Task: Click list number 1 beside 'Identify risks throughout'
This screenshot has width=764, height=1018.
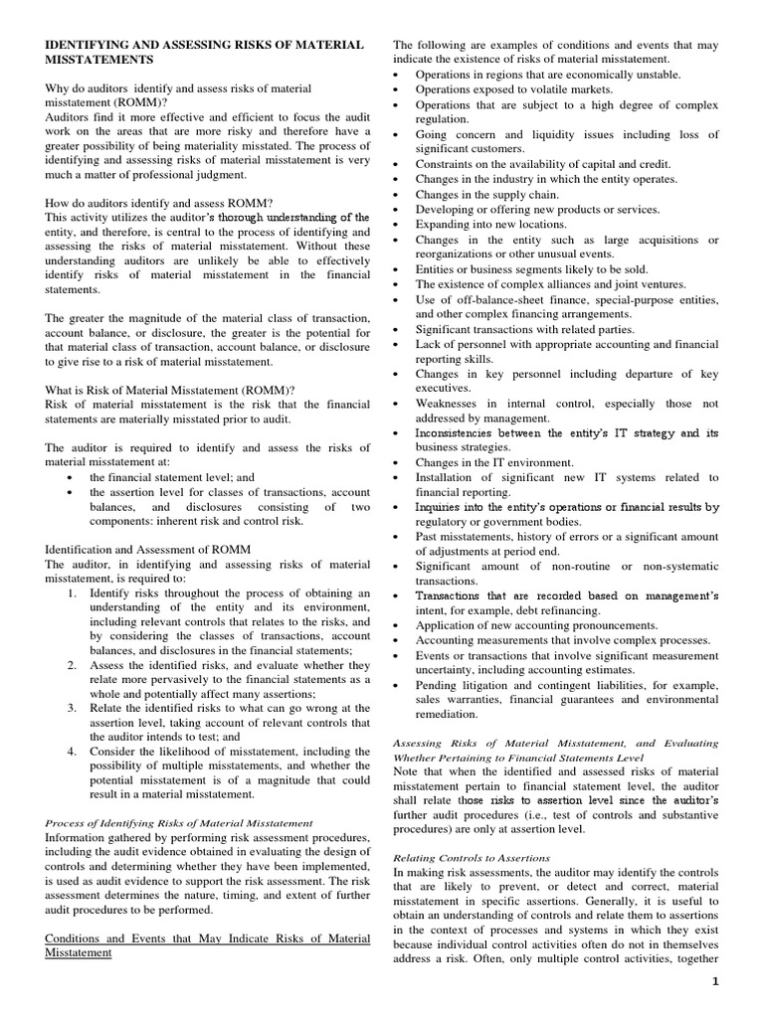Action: [x=72, y=593]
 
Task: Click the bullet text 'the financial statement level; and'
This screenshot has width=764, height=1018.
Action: [x=172, y=477]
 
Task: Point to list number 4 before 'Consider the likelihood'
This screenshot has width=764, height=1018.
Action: [x=72, y=753]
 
